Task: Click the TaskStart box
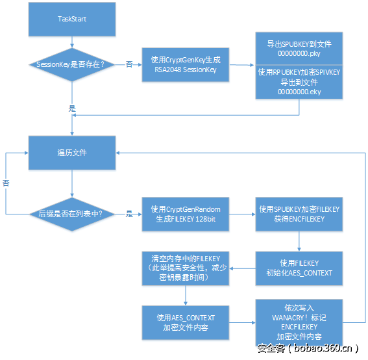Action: point(71,19)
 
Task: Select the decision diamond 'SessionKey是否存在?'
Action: point(71,64)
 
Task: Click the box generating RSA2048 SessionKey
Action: point(185,64)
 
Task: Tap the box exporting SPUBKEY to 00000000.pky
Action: point(299,49)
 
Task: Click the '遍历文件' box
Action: point(71,152)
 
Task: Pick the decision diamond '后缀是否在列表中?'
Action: point(71,213)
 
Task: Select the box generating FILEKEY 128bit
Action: point(185,213)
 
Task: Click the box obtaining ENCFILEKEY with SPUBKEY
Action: point(299,213)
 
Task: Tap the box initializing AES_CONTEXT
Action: point(299,268)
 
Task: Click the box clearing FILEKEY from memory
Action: point(185,268)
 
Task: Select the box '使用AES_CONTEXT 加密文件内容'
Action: point(185,322)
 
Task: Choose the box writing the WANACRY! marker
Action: point(299,322)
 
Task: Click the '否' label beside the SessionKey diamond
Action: point(129,64)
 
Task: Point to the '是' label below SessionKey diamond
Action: point(72,108)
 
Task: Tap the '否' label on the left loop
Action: point(6,183)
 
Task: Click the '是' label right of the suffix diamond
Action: point(129,213)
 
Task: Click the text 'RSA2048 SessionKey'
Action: point(185,70)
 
